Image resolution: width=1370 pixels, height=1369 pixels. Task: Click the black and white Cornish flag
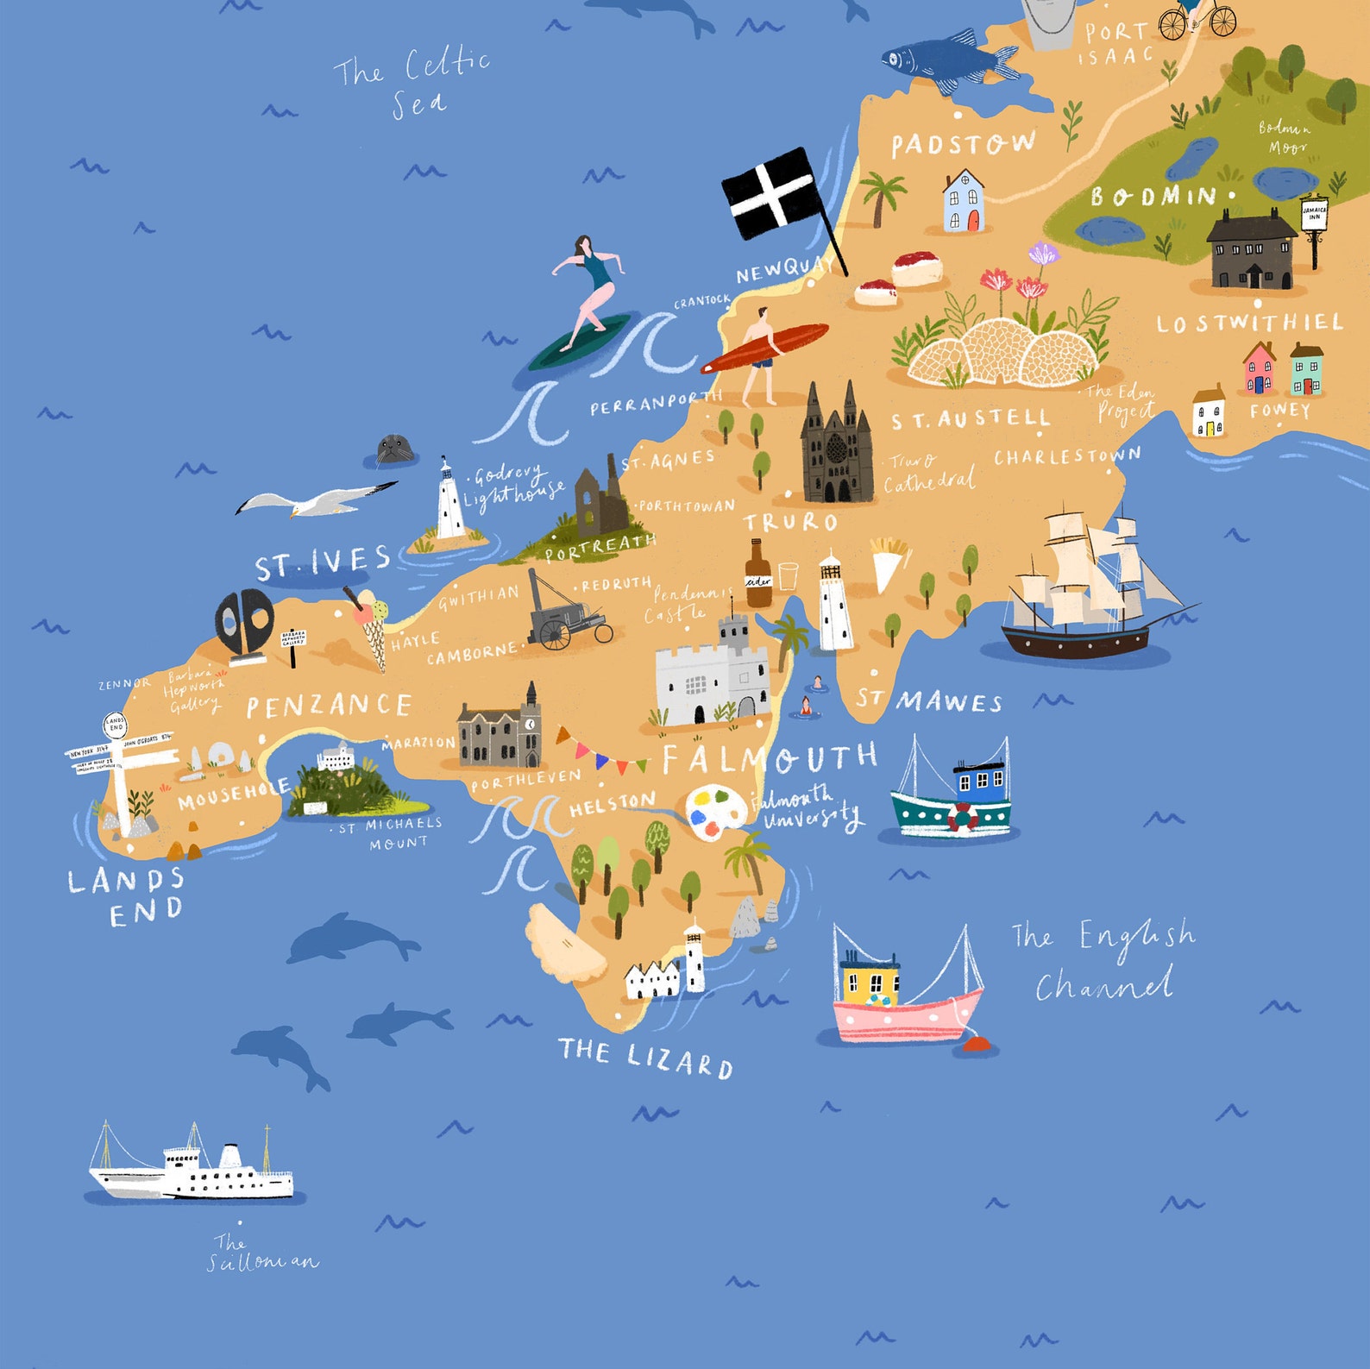[x=770, y=194]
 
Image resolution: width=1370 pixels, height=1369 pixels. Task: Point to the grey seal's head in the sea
[x=395, y=449]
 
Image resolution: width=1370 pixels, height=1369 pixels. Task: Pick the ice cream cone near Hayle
[x=371, y=625]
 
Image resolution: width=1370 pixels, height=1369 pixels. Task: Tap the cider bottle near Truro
[x=758, y=575]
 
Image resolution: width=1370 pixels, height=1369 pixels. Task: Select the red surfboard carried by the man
[x=764, y=348]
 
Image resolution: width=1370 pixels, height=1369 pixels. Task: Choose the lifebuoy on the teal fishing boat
[x=963, y=815]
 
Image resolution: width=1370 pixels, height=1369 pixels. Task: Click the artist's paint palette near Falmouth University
[x=716, y=811]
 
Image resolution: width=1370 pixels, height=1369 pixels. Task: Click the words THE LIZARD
[x=645, y=1057]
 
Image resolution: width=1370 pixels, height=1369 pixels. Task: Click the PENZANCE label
[x=329, y=706]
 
